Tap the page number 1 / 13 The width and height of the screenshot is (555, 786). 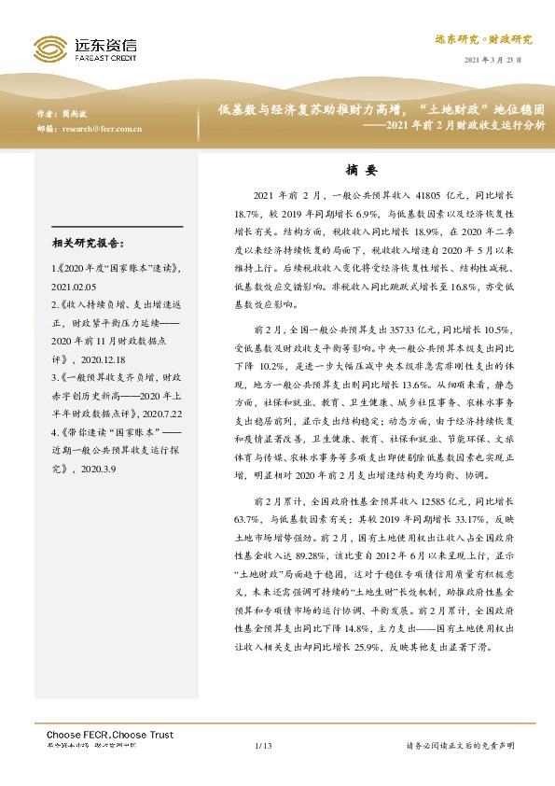262,746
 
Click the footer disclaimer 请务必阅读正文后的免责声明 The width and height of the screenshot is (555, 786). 460,746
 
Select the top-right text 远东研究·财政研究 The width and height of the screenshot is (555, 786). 484,39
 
